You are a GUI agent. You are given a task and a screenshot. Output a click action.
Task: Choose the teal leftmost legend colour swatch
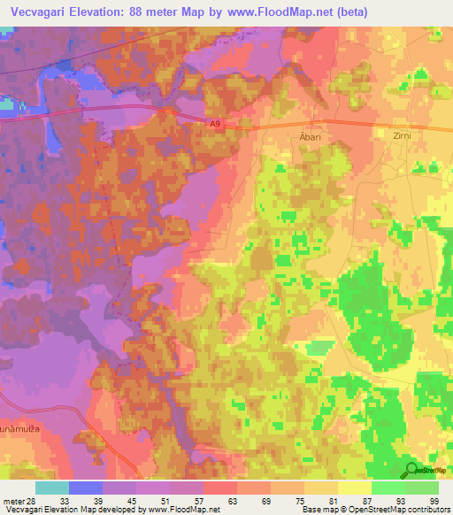52,488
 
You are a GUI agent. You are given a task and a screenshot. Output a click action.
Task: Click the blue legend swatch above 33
86,488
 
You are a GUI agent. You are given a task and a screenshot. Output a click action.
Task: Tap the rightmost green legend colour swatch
422,488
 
